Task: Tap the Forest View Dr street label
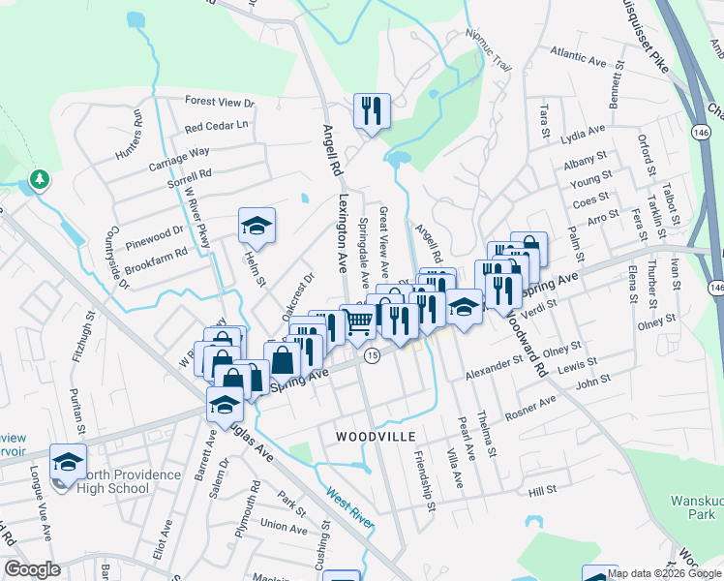[x=220, y=102]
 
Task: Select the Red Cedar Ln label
[x=216, y=126]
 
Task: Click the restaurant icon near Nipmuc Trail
[x=372, y=110]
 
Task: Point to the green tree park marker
[x=39, y=179]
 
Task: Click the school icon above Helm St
[x=256, y=226]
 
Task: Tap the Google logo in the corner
[x=32, y=569]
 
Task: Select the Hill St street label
[x=543, y=492]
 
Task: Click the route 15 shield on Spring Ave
[x=372, y=356]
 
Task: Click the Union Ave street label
[x=284, y=526]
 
